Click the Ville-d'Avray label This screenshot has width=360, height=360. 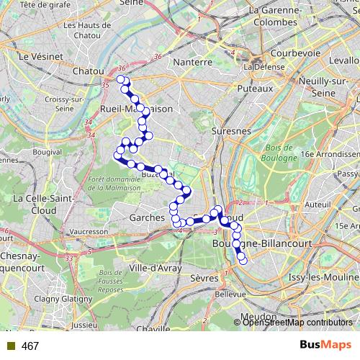coord(155,268)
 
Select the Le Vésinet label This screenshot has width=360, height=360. coord(33,55)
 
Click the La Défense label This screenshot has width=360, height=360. coord(261,67)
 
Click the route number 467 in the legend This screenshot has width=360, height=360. coord(30,346)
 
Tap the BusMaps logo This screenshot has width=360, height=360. coord(326,345)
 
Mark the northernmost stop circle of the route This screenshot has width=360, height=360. coord(121,79)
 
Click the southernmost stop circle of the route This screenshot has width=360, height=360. coord(243,260)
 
